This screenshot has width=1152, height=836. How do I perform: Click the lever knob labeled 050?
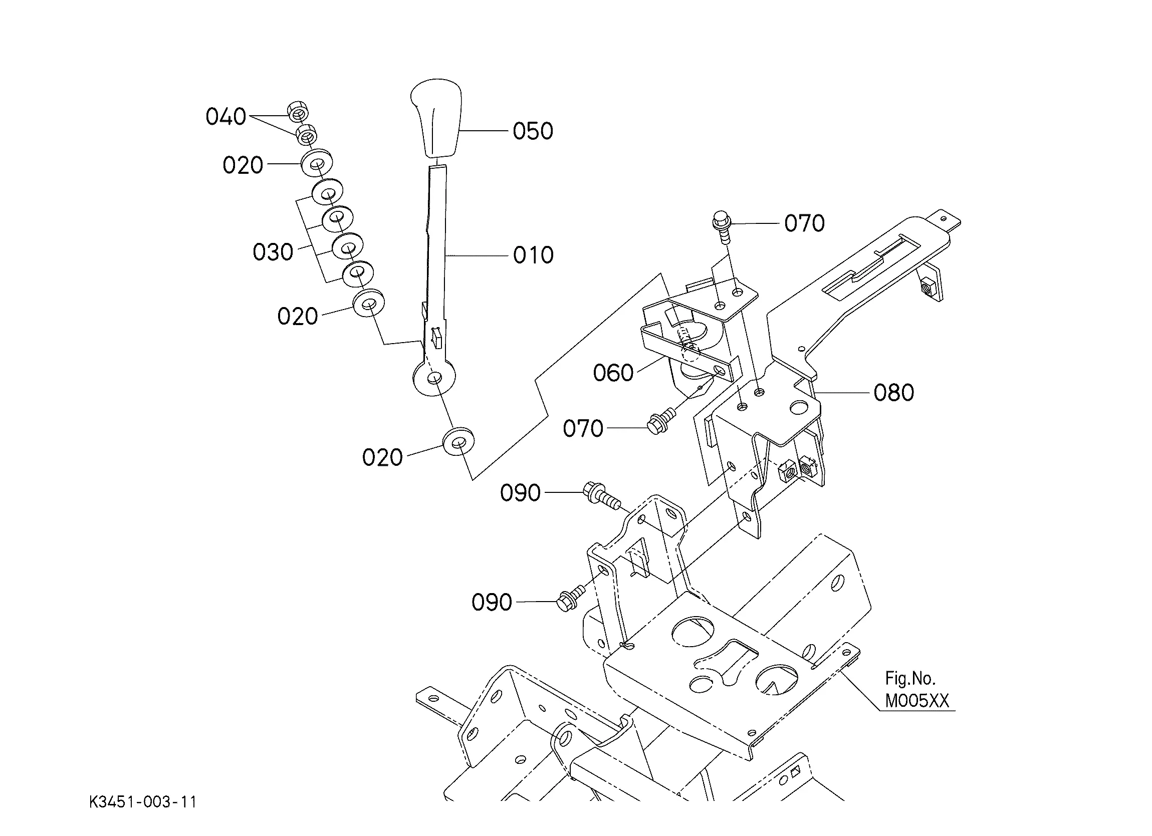(436, 120)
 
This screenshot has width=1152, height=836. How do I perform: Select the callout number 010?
(533, 255)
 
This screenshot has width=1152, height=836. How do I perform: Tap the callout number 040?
(225, 117)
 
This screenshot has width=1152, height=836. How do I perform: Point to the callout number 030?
(273, 252)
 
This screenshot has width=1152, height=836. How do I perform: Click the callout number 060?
(613, 373)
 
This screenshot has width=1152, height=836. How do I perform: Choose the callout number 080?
(893, 393)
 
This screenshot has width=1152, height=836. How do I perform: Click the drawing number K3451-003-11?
(143, 802)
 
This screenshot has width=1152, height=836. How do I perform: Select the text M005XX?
(917, 701)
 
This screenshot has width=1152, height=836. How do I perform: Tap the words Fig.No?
(910, 678)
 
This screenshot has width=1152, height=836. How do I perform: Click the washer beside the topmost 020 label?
(317, 162)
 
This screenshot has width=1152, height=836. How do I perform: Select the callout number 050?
(533, 131)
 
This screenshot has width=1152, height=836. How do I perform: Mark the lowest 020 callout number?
(382, 458)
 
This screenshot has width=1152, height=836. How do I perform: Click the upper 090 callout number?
(520, 493)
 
